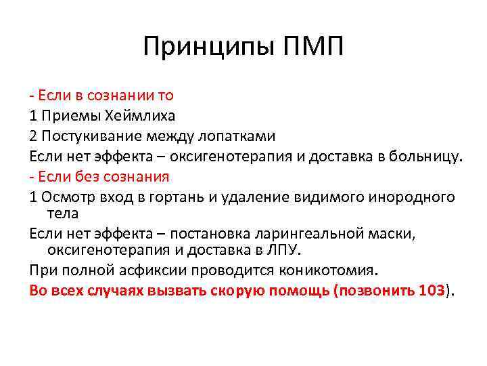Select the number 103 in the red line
432,291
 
